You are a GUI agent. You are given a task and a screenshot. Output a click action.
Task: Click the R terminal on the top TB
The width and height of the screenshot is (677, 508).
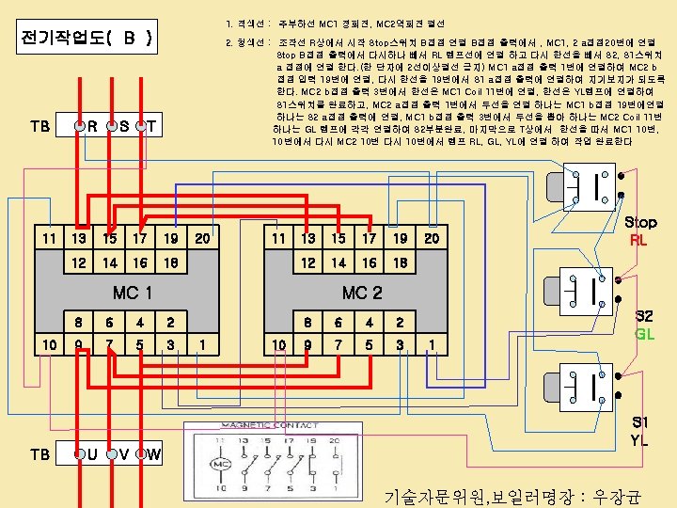pos(83,126)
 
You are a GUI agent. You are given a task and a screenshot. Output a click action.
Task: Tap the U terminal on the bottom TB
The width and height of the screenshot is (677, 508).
pos(83,454)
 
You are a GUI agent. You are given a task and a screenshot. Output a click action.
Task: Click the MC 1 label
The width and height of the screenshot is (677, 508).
pos(133,293)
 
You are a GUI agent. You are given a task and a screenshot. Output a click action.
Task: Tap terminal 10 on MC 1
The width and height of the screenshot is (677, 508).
pos(49,345)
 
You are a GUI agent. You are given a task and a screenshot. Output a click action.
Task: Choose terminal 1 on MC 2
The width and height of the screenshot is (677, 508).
pos(432,345)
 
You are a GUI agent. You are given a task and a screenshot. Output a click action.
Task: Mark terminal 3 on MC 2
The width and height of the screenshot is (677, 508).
pos(400,345)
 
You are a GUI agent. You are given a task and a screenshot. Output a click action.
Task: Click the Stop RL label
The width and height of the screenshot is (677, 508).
pos(641,230)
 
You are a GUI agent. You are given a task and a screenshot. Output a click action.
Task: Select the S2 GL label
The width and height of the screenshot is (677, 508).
pos(644,325)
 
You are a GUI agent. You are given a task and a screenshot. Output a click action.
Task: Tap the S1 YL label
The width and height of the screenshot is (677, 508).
pos(639,430)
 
